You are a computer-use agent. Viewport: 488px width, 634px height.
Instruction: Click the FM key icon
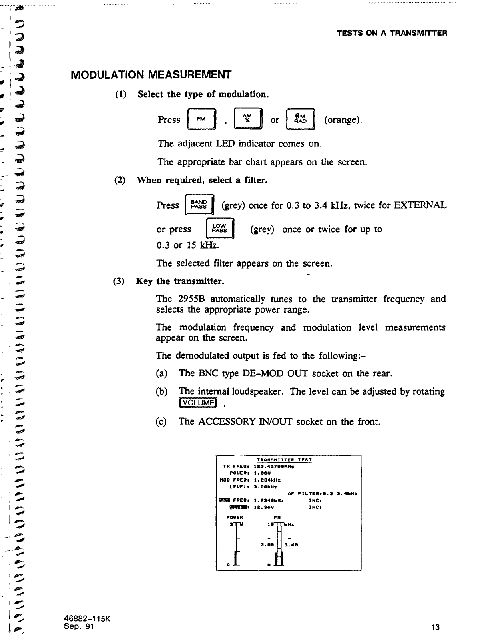tap(202, 120)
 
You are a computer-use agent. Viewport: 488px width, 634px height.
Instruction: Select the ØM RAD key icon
tap(301, 120)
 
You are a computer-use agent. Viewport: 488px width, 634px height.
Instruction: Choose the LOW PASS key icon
tap(219, 229)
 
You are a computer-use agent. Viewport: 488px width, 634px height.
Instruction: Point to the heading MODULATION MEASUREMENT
tap(151, 75)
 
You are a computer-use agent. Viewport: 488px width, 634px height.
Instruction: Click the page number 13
tap(436, 627)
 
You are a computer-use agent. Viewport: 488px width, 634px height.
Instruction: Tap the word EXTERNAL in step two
tap(420, 205)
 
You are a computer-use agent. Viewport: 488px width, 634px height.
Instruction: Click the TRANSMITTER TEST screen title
tap(284, 460)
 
